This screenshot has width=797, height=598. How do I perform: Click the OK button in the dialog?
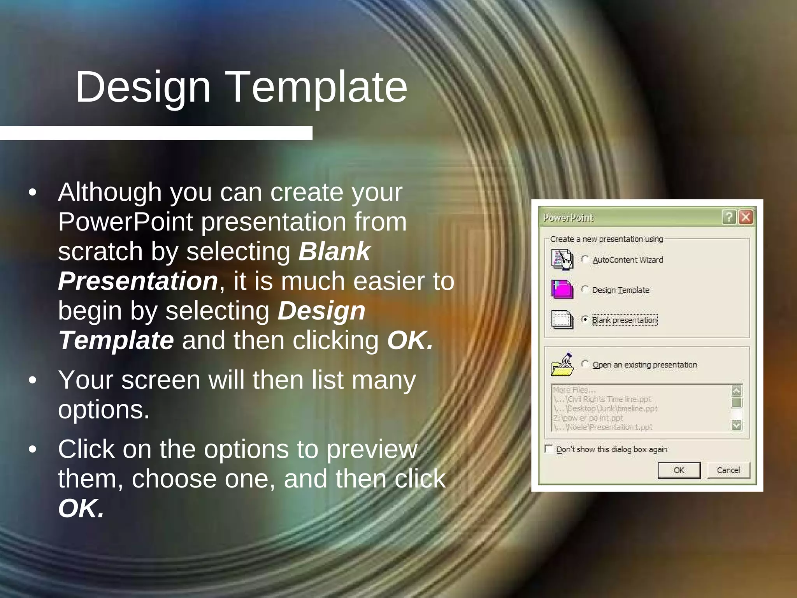[679, 470]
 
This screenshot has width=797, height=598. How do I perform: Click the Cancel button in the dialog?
[728, 470]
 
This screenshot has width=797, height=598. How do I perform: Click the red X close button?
[746, 217]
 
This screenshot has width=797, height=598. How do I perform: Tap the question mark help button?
[729, 217]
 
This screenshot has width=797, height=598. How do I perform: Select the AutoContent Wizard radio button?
[585, 259]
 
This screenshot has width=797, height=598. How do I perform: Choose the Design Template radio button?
[585, 289]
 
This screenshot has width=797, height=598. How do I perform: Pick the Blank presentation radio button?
[585, 320]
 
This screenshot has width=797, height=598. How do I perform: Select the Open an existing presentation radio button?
[585, 364]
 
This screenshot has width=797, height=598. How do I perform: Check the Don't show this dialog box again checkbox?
[549, 449]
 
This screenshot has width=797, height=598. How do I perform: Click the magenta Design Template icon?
[562, 289]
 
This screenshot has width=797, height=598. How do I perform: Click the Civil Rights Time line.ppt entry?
[607, 399]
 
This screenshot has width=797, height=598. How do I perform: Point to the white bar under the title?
[156, 133]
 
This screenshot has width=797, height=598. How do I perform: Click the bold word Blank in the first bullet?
[334, 251]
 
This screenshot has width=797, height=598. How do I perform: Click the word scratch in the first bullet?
[100, 251]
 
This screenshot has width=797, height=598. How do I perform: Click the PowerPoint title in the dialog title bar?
[568, 218]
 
